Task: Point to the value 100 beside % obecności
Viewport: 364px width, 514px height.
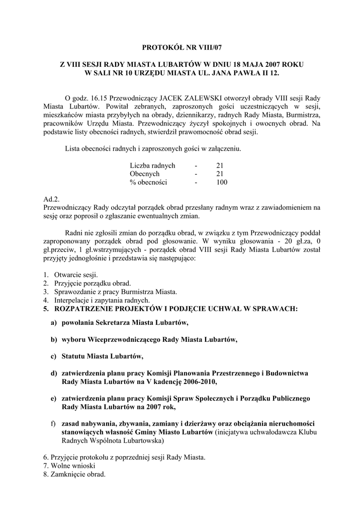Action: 222,182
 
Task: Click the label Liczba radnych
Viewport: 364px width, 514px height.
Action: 152,165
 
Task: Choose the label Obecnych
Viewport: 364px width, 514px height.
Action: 145,174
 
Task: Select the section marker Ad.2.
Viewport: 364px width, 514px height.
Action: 52,199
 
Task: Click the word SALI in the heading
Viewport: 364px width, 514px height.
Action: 105,73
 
